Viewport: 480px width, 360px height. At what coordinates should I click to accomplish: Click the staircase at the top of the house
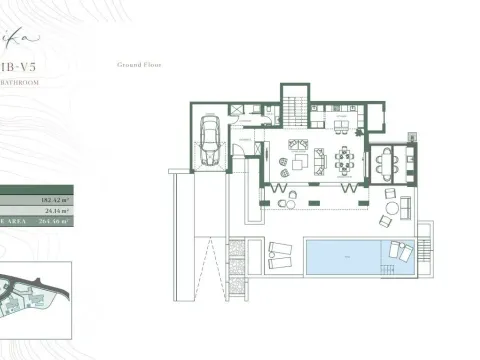coord(293,103)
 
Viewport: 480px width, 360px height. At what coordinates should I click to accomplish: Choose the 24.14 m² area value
coord(55,211)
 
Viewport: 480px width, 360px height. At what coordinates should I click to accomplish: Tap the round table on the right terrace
coord(393,208)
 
